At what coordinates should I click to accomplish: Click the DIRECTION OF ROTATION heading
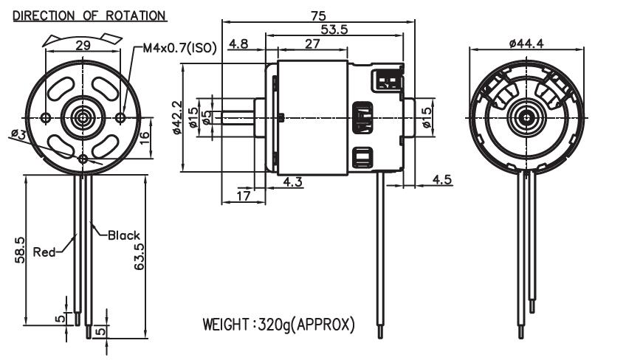[89, 15]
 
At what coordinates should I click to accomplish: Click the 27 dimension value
[312, 44]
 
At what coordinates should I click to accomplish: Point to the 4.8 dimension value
[238, 44]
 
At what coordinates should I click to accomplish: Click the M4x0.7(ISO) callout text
[179, 49]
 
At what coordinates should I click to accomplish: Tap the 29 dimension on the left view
[83, 46]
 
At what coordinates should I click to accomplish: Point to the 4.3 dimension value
[293, 182]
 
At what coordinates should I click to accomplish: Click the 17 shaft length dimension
[242, 195]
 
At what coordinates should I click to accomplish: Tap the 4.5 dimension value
[442, 179]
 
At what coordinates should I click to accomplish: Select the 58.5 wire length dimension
[20, 249]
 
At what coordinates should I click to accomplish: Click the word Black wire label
[123, 235]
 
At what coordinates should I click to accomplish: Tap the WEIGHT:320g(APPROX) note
[279, 324]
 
